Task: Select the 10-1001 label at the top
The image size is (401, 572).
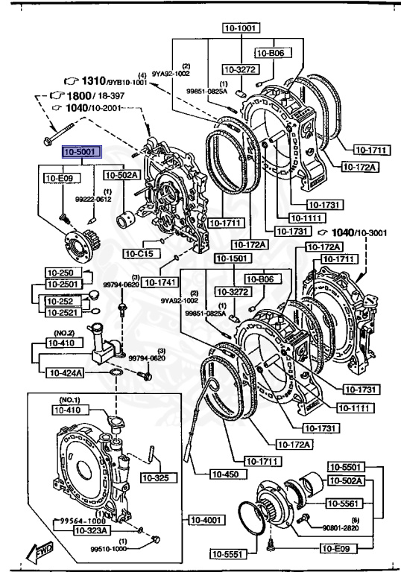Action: pos(239,28)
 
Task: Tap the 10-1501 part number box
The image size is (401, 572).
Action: pos(230,258)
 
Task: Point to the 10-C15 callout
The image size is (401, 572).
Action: pos(139,254)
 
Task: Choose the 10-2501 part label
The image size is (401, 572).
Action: pos(62,284)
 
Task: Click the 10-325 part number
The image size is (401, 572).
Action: pos(156,477)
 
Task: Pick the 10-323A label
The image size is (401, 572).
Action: pos(69,530)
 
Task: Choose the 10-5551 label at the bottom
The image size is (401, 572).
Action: pos(227,553)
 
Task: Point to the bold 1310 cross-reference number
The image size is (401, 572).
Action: pos(94,80)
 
